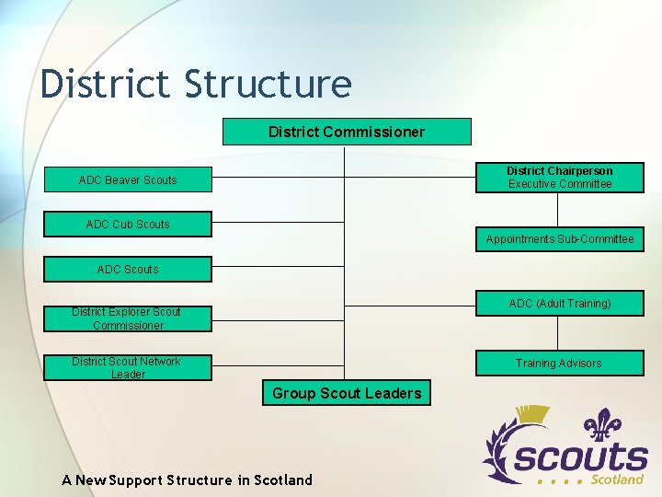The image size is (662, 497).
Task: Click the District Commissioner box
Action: pos(347,132)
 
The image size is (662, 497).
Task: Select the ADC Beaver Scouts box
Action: pos(128,179)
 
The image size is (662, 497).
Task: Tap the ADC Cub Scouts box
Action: pos(128,225)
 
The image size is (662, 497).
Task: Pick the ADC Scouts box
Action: pos(128,270)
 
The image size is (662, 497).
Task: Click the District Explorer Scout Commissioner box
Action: pos(128,318)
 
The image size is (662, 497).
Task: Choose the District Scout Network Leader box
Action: pos(128,367)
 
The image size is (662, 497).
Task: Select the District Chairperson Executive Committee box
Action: pos(559,178)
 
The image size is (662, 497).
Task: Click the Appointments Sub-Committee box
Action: pos(559,239)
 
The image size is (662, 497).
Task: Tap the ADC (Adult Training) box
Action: pos(559,304)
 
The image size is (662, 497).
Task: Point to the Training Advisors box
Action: pos(559,364)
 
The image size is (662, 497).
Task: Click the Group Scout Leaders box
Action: pos(347,393)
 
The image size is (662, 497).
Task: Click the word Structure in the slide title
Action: pos(268,84)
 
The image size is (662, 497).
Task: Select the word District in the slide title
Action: pos(106,84)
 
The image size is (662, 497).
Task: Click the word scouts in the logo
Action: pos(580,458)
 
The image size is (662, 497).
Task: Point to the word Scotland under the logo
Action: pos(616,480)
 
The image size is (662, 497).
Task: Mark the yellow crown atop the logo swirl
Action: pos(531,416)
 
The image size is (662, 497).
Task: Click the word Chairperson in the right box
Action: pos(579,171)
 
